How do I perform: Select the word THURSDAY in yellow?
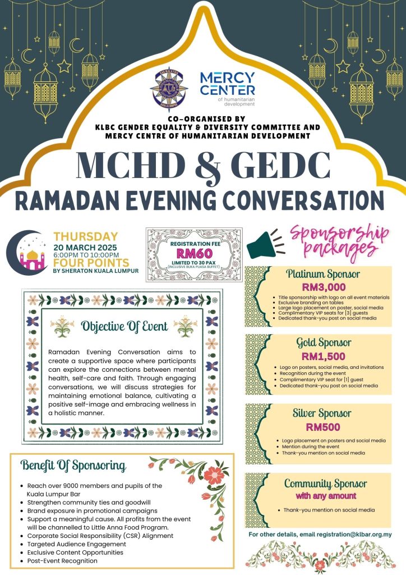(x=85, y=237)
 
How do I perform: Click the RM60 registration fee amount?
(x=193, y=253)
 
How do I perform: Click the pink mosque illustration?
(x=32, y=258)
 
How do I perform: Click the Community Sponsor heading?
(x=326, y=483)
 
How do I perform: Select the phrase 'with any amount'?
(x=326, y=496)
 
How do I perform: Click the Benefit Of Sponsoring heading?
(x=73, y=466)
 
